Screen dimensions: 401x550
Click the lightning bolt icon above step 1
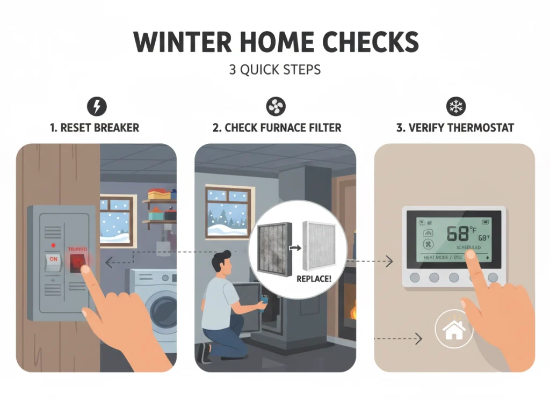click(97, 107)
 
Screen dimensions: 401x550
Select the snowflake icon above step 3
click(456, 107)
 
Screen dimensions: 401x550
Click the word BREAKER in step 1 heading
click(115, 128)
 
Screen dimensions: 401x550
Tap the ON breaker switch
click(54, 258)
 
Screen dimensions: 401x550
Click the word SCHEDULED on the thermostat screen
click(469, 247)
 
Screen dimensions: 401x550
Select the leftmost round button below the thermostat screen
click(414, 278)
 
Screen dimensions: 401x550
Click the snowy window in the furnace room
click(227, 213)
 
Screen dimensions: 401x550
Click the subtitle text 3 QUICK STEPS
click(274, 70)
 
